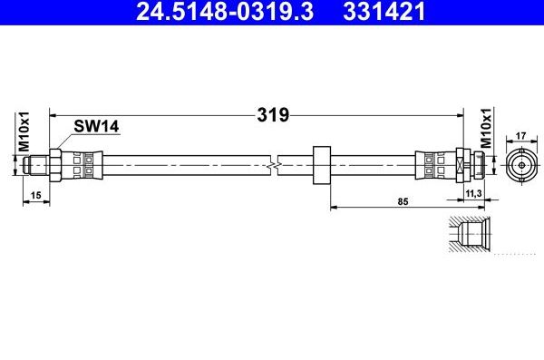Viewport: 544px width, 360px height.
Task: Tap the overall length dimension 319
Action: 272,115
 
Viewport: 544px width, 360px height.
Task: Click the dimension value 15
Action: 34,195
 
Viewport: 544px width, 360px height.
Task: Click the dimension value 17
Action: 521,137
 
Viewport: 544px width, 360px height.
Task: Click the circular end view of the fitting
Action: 521,166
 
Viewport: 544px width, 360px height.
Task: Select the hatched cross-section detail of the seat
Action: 470,233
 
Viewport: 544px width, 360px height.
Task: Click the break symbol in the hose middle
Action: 277,166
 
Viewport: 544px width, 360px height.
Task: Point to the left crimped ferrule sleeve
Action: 83,166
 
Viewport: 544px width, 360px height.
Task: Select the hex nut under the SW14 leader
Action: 56,166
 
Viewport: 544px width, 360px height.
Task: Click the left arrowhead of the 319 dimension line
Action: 52,115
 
